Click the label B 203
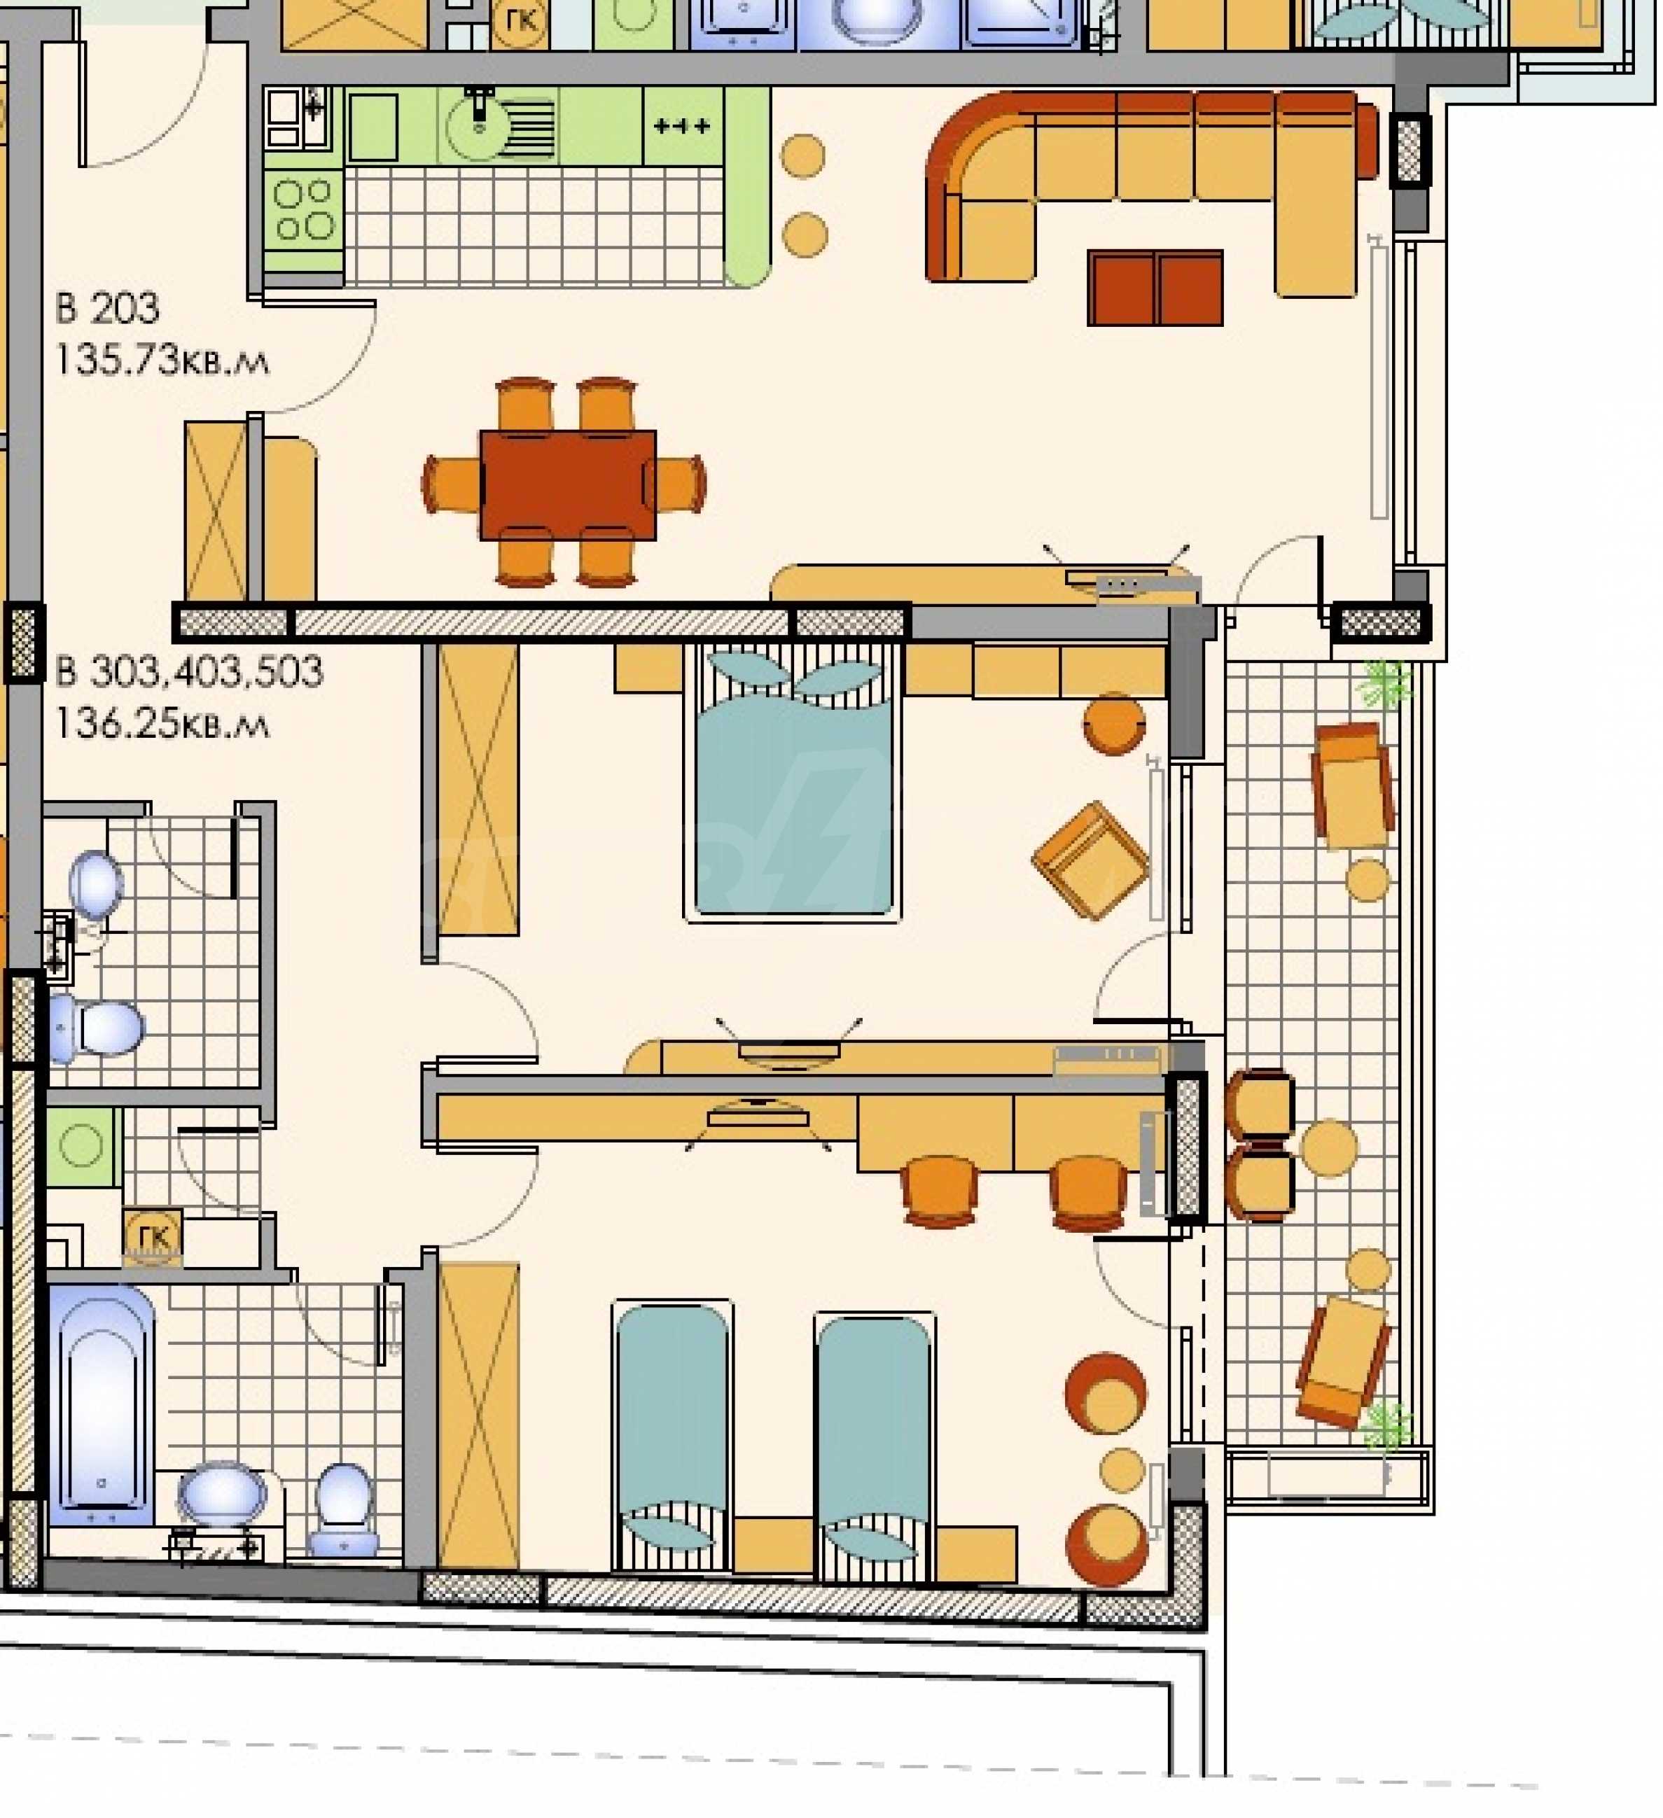pos(107,309)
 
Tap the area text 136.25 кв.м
pos(162,724)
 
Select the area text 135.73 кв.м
pos(162,361)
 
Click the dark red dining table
pos(568,485)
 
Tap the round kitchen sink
pos(480,126)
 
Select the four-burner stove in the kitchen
pos(304,209)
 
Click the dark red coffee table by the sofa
pos(1155,288)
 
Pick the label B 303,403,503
pos(189,673)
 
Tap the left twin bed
pos(672,1440)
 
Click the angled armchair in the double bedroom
pos(1090,860)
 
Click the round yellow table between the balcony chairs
pos(1329,1148)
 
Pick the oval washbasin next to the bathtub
pos(222,1497)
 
